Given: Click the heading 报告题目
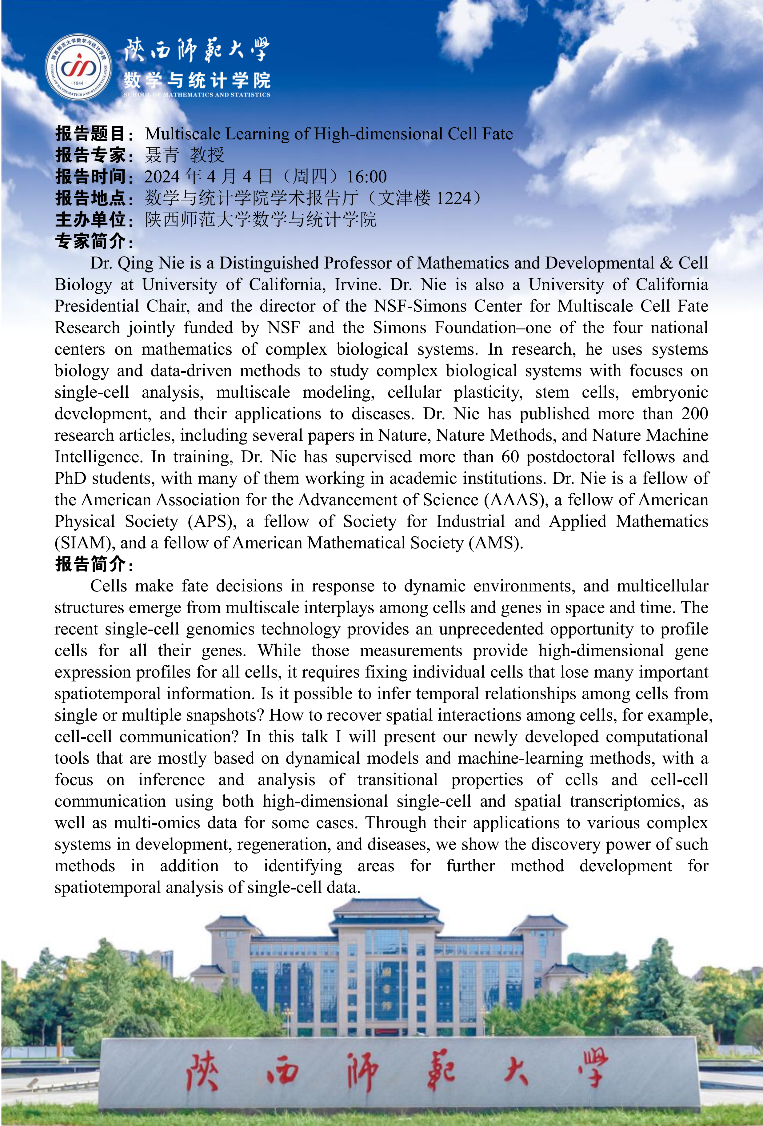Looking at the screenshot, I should click(x=91, y=134).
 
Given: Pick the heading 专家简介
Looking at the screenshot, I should click(x=91, y=241).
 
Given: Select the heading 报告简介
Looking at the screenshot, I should click(x=91, y=564).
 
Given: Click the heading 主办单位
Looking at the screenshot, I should click(x=91, y=220).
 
